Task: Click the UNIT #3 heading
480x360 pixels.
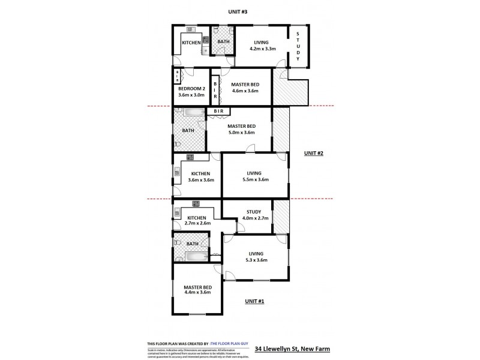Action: click(233, 12)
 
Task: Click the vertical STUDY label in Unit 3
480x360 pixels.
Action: click(298, 47)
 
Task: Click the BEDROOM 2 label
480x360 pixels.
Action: click(191, 88)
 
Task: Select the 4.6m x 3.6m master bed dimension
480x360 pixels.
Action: click(244, 91)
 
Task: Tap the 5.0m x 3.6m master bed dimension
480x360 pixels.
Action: click(241, 133)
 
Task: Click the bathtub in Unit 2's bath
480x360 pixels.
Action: click(190, 113)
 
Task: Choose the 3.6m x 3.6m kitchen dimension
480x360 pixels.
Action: click(200, 179)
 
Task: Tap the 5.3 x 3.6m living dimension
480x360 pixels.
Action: click(256, 260)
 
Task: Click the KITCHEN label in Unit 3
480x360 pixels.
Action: click(191, 43)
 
